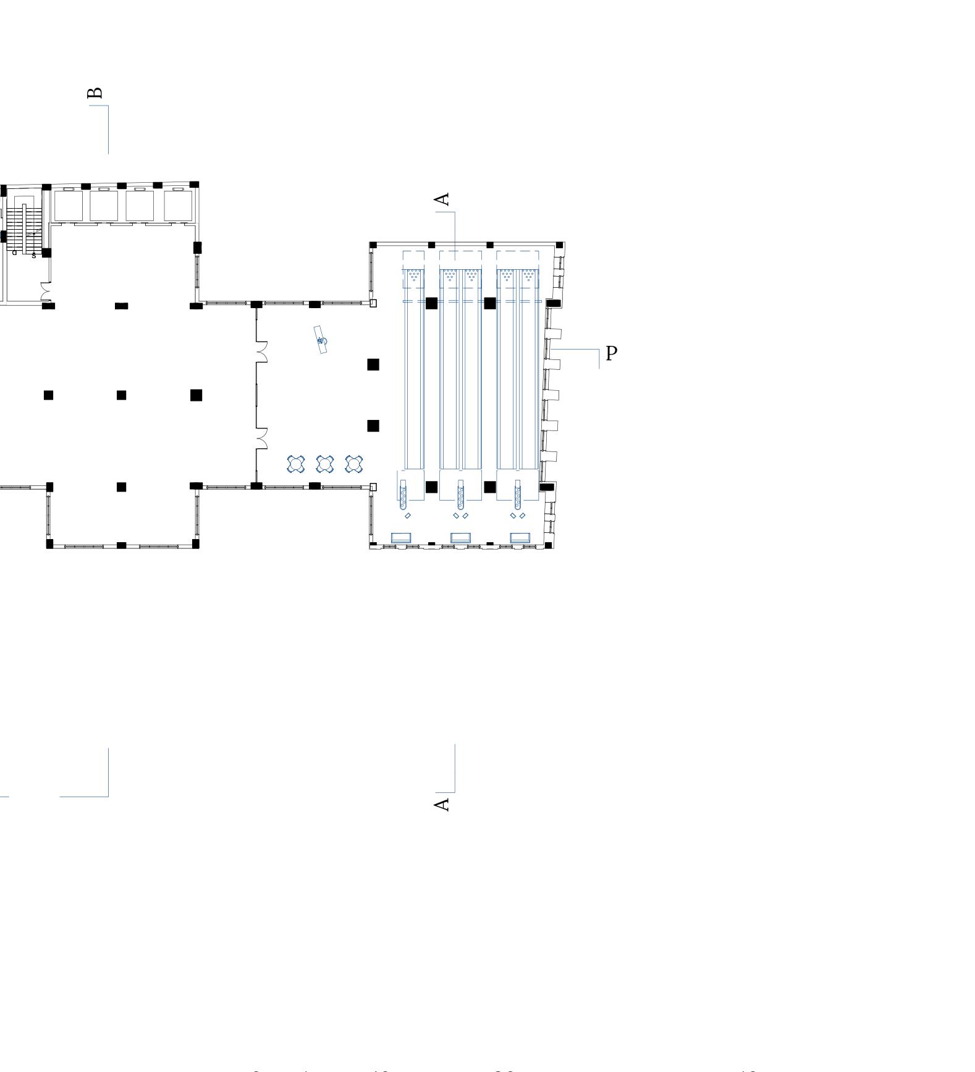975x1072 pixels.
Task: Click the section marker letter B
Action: tap(95, 93)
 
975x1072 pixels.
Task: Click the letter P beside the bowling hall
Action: tap(611, 354)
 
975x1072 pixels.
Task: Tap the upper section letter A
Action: tap(442, 199)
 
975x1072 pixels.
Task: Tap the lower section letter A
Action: tap(442, 804)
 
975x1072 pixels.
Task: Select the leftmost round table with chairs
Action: tap(296, 464)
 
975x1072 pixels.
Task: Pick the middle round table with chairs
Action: tap(324, 464)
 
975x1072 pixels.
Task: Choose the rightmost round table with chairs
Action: tap(354, 464)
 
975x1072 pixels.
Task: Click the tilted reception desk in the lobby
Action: tap(321, 340)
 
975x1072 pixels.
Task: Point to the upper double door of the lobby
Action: tap(261, 351)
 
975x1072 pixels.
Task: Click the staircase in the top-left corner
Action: tap(25, 228)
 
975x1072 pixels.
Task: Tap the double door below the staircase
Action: tap(46, 291)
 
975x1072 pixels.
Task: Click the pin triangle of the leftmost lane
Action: tap(414, 275)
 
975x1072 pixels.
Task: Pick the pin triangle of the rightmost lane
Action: tap(528, 275)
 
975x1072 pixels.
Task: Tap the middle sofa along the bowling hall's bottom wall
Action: tap(460, 537)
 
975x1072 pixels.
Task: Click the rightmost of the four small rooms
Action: tap(178, 205)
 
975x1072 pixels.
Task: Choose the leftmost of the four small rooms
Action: tap(68, 205)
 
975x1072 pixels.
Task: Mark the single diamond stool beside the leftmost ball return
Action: tap(407, 516)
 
